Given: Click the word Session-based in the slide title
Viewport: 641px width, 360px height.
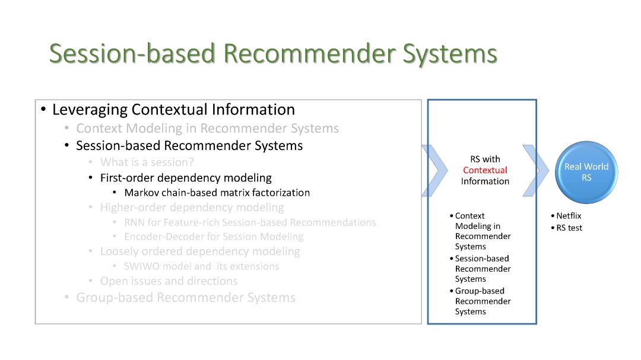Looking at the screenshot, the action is click(x=132, y=53).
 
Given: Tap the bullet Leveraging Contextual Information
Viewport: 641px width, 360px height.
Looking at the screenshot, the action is click(x=173, y=110).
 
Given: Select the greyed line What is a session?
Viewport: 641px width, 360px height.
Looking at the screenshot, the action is click(x=147, y=163).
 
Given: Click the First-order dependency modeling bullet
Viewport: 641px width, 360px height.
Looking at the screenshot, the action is click(x=186, y=178).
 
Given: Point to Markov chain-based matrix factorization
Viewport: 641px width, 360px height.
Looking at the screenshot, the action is click(x=217, y=193).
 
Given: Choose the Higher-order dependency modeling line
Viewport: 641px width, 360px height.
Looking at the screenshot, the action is click(x=192, y=208).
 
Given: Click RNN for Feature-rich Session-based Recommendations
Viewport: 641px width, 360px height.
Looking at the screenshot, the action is click(x=250, y=222).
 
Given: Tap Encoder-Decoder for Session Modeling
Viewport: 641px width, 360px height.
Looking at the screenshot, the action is click(x=214, y=237).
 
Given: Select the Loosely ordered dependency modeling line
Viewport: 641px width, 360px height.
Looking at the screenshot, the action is click(x=200, y=251).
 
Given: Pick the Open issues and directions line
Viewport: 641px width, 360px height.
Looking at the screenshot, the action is click(x=169, y=281).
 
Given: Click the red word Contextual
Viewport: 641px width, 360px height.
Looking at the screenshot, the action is click(x=485, y=170).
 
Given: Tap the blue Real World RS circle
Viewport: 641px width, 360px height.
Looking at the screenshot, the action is click(x=586, y=172).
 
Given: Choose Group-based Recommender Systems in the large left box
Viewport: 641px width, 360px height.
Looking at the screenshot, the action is click(x=186, y=298).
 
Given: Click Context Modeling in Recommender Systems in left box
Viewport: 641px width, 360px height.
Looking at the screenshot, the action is click(x=207, y=128).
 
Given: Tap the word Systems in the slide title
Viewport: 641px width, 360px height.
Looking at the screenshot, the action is click(x=450, y=53).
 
